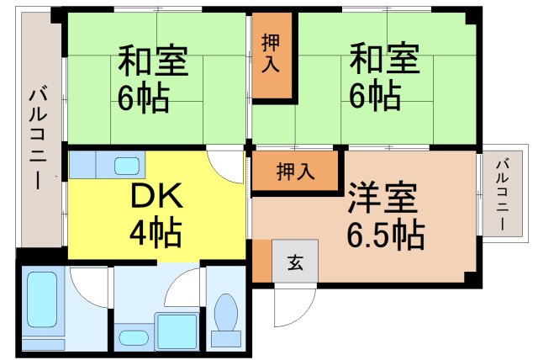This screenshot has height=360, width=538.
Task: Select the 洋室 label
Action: (x=382, y=199)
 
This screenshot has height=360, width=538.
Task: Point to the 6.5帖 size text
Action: (x=385, y=234)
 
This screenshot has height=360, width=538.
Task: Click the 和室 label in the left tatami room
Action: (x=152, y=62)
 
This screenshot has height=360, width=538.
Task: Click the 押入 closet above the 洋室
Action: (x=296, y=171)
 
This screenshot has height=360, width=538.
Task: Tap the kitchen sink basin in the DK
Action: (x=126, y=165)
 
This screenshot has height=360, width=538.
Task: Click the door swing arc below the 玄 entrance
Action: (x=294, y=307)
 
